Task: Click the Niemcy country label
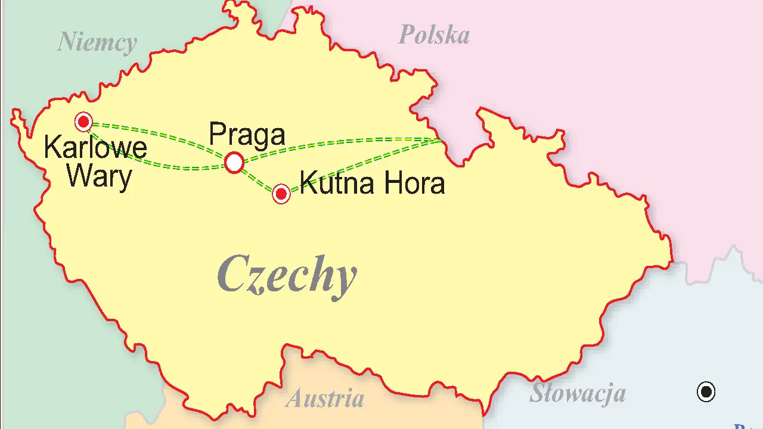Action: click(97, 43)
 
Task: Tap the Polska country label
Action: click(433, 35)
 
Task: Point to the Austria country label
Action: click(325, 398)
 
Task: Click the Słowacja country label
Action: click(577, 393)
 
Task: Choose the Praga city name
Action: click(247, 135)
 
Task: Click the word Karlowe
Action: click(95, 148)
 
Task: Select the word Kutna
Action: click(337, 183)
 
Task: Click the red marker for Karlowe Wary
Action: click(83, 122)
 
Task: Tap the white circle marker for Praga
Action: click(234, 162)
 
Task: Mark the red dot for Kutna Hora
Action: click(281, 194)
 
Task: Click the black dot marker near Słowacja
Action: click(706, 392)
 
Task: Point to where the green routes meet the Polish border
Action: click(440, 141)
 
